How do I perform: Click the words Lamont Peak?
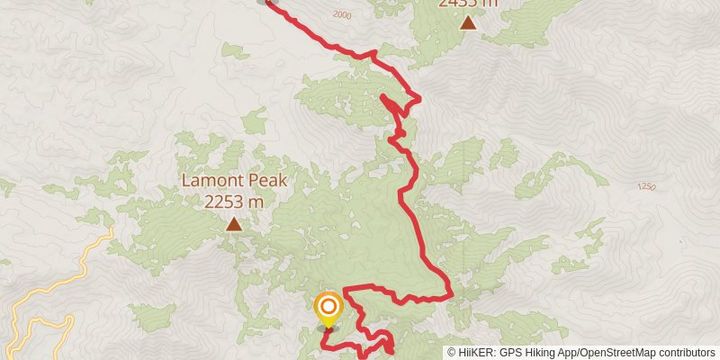click(234, 180)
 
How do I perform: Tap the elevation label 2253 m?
click(234, 202)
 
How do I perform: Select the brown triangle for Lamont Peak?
click(234, 224)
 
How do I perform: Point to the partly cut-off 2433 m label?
click(468, 4)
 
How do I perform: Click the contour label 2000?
click(342, 14)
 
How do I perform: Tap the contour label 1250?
click(645, 186)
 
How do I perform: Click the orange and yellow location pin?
click(328, 310)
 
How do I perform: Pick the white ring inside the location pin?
click(328, 306)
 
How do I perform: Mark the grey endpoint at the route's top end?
click(264, 2)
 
